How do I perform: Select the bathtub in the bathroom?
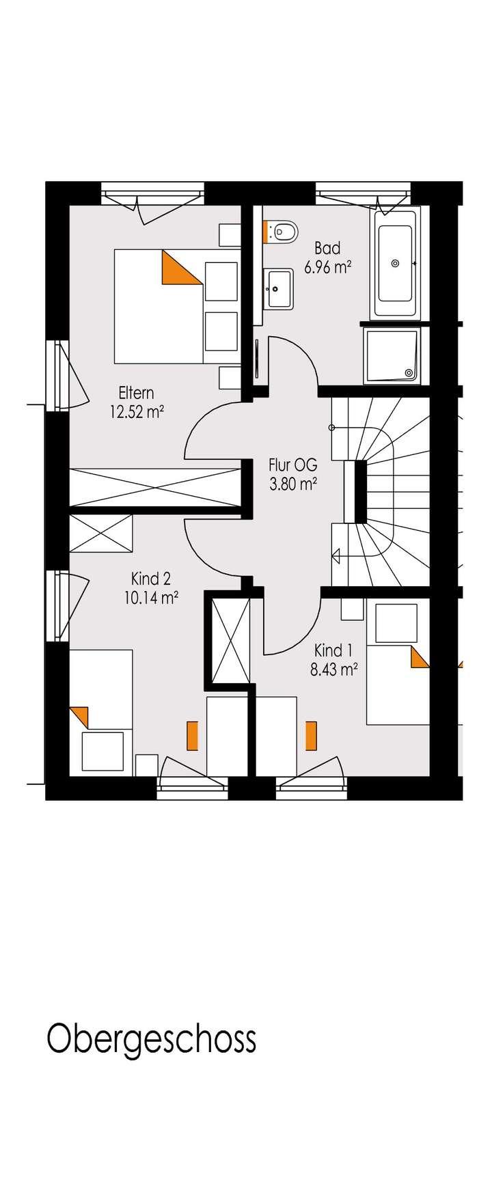[394, 263]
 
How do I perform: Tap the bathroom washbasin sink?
[279, 288]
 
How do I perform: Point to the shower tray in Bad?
[393, 354]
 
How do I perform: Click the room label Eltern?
[136, 393]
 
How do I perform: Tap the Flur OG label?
[293, 466]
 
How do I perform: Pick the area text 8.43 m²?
[333, 670]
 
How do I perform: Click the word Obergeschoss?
[151, 1039]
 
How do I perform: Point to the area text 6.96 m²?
[327, 267]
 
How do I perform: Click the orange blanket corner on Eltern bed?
[179, 266]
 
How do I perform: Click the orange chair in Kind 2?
[192, 735]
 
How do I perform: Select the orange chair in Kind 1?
[312, 735]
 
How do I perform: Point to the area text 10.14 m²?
[151, 598]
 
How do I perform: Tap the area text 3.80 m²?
[293, 484]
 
